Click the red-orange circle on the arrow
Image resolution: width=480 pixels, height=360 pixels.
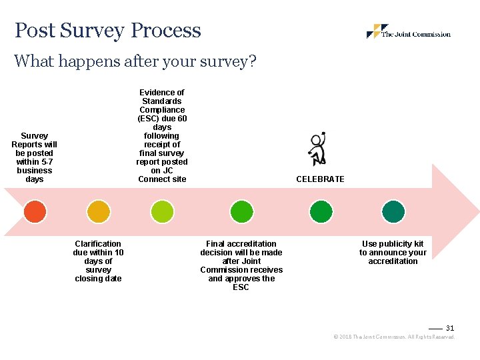35,212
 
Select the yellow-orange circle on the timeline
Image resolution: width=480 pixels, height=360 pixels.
99,212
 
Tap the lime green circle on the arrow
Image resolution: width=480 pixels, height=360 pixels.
162,212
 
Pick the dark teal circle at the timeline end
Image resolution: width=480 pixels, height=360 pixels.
393,212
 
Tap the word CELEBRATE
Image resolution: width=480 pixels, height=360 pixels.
320,179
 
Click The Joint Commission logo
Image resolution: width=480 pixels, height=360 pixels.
408,32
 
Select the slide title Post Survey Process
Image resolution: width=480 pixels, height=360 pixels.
108,31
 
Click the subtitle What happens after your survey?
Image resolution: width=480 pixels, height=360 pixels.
135,61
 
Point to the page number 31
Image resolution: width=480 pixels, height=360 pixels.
449,328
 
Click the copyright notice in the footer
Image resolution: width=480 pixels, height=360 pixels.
393,337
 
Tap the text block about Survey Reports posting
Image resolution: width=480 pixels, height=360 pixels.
35,157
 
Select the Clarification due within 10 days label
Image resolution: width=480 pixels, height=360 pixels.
99,261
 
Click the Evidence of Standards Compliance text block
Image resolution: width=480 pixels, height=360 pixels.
162,136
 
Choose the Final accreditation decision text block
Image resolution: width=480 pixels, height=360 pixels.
241,265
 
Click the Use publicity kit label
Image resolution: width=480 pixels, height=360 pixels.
393,253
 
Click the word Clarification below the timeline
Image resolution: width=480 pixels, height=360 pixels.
98,244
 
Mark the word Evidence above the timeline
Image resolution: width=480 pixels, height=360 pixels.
162,93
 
